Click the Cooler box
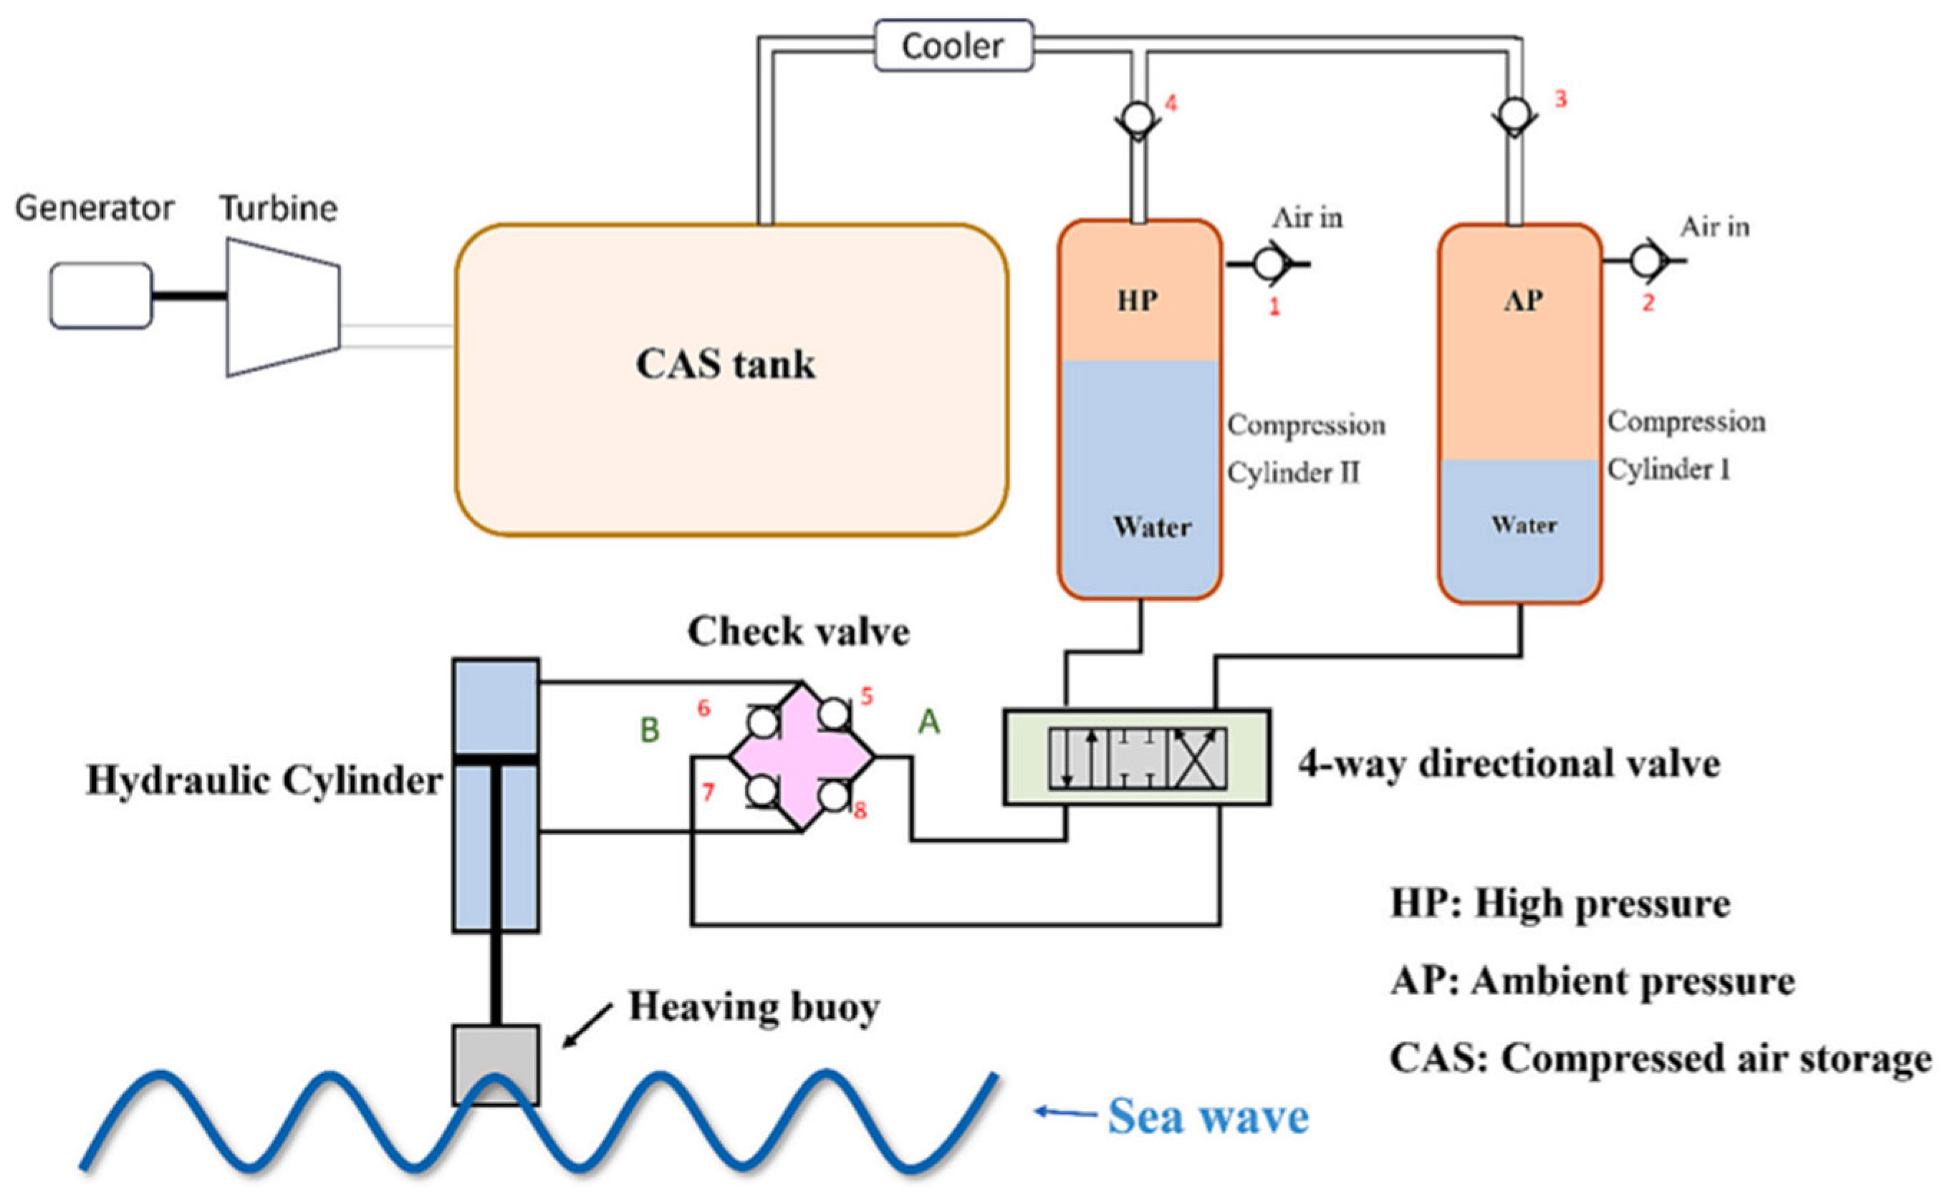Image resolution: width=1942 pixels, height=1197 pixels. (x=953, y=46)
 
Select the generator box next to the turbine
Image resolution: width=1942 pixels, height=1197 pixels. (x=100, y=295)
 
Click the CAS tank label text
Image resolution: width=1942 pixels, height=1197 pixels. (x=726, y=365)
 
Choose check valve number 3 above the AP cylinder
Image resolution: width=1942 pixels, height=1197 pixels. (x=1515, y=115)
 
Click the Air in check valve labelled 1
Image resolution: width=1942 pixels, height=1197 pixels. (x=1269, y=263)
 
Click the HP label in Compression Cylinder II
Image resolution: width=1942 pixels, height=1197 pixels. (x=1138, y=301)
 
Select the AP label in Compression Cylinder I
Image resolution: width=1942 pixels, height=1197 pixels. (x=1523, y=301)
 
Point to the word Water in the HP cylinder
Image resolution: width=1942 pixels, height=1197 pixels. (x=1153, y=527)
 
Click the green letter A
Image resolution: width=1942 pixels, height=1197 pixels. (x=929, y=722)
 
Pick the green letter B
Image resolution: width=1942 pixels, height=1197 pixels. (x=650, y=730)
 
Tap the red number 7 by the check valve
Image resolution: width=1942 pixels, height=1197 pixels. (x=708, y=792)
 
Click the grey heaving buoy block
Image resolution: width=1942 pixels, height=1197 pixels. (x=496, y=1065)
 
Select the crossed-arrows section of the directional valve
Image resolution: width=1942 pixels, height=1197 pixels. (x=1198, y=758)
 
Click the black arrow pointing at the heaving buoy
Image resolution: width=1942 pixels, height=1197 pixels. (x=587, y=1027)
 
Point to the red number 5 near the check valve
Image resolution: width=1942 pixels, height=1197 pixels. (x=867, y=697)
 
